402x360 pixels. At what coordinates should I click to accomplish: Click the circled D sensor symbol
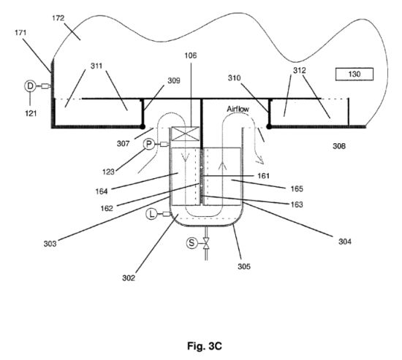[30, 86]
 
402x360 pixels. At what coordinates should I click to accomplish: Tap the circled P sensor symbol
[148, 145]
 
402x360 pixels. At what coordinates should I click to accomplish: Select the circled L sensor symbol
[151, 214]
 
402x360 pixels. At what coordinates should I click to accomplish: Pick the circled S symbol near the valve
[191, 242]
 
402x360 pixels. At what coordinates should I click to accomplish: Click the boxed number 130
[354, 74]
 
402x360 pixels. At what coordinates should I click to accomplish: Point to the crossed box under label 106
[185, 134]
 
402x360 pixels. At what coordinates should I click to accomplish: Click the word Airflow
[238, 109]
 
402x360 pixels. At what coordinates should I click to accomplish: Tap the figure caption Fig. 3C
[205, 346]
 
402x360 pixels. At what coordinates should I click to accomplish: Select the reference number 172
[58, 18]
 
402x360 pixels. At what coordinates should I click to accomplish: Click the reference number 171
[20, 33]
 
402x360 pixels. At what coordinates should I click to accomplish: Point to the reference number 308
[339, 146]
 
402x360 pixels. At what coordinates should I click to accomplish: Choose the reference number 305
[244, 267]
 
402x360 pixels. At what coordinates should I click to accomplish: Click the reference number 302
[129, 278]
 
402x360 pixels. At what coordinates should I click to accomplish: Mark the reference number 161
[264, 176]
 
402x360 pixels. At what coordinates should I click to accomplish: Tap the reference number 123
[108, 172]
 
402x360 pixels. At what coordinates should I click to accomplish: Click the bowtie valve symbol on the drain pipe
[206, 243]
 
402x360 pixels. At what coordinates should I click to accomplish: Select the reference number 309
[174, 81]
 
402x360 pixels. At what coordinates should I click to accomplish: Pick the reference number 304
[345, 242]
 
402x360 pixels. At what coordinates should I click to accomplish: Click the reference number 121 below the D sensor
[31, 113]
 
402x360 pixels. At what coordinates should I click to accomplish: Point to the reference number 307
[123, 143]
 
